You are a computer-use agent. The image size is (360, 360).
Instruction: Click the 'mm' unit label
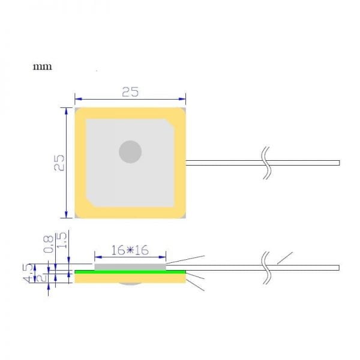click(41, 66)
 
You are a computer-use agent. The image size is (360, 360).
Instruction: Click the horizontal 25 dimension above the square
click(130, 92)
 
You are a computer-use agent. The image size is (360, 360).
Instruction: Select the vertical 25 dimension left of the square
click(59, 162)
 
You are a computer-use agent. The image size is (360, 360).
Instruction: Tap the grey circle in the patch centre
click(130, 151)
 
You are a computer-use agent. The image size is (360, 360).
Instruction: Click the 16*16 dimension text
click(130, 251)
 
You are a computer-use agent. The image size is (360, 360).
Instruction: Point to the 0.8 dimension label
click(48, 244)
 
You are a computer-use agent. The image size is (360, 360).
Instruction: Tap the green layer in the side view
click(130, 271)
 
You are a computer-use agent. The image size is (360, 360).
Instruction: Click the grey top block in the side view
click(130, 265)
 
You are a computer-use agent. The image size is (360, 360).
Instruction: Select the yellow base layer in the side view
click(130, 277)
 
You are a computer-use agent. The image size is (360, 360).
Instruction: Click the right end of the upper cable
click(338, 162)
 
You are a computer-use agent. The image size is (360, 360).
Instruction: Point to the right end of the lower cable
click(338, 267)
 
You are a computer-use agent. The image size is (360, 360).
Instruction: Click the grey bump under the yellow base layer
click(130, 284)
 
